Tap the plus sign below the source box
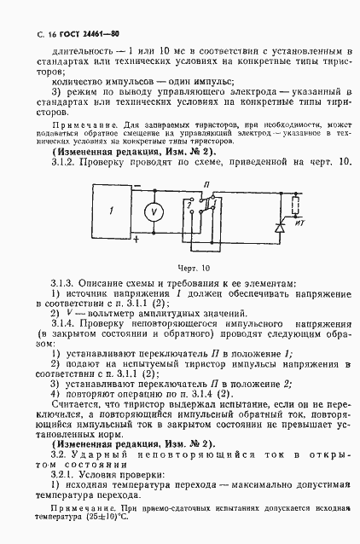[134, 241]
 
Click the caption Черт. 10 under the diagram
[194, 269]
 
